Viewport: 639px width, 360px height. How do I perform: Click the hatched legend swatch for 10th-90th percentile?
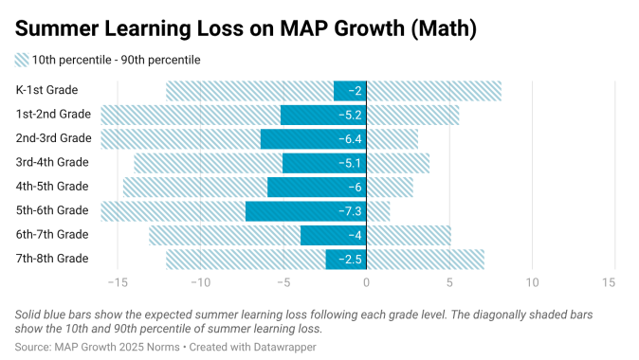[x=22, y=60]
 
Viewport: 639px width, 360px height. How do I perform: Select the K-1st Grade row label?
[x=46, y=91]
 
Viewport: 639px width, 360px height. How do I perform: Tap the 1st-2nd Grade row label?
[x=53, y=115]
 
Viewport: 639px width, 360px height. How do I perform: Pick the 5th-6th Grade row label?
[x=53, y=210]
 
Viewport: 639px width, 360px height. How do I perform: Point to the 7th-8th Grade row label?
[x=53, y=259]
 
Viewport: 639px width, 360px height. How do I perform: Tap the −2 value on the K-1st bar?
[x=355, y=91]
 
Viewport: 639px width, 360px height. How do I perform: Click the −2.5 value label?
[x=351, y=259]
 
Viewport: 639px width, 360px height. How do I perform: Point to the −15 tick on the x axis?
[x=117, y=282]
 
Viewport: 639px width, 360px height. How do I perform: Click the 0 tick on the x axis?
[x=367, y=282]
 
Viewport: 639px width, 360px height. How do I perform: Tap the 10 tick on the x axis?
[x=533, y=282]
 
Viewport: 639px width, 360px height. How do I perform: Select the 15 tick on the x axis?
[x=608, y=282]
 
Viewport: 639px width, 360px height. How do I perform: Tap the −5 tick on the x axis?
[x=283, y=282]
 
